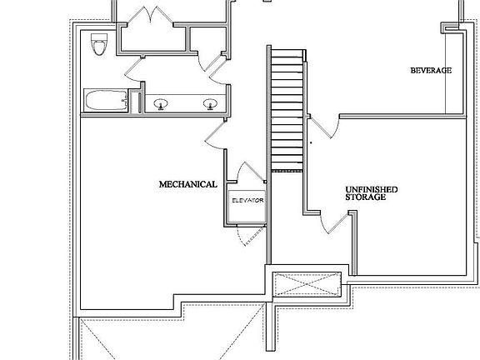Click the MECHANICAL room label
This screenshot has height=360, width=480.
[188, 184]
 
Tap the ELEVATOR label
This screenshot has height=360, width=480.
[247, 201]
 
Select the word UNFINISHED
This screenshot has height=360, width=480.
[372, 189]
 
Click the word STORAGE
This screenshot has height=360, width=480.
[366, 197]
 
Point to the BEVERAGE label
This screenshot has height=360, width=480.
[431, 70]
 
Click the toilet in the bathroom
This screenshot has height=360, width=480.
[99, 44]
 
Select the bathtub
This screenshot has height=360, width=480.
[106, 100]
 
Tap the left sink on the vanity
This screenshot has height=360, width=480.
[160, 104]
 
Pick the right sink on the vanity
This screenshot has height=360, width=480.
[210, 104]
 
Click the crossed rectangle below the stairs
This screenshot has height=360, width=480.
[307, 284]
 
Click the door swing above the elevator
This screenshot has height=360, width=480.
[249, 172]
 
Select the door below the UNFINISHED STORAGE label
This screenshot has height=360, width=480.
[334, 222]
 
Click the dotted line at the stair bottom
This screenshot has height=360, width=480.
[287, 171]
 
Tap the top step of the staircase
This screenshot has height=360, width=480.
[287, 53]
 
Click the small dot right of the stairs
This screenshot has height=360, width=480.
[312, 142]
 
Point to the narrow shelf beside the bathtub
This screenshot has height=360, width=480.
[140, 102]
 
